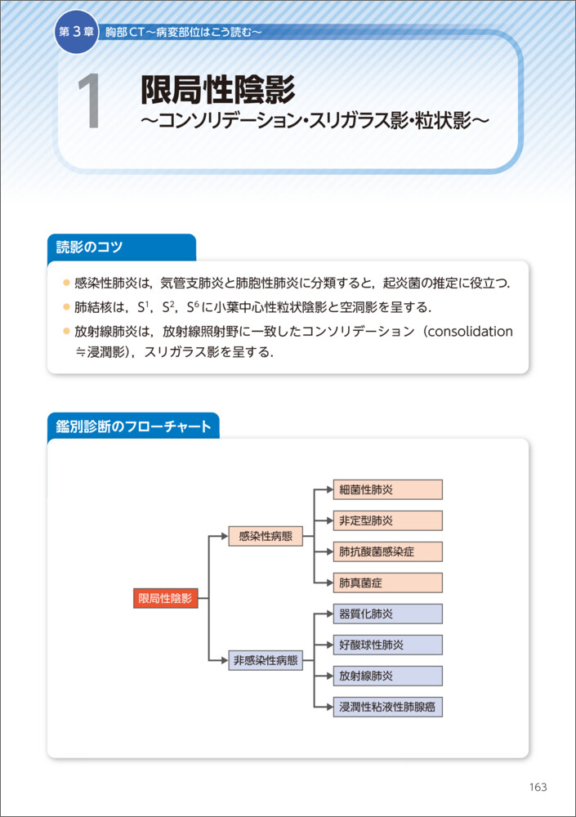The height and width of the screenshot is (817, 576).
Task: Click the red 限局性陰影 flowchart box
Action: click(x=165, y=598)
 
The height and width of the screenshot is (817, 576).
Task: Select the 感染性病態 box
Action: click(x=266, y=536)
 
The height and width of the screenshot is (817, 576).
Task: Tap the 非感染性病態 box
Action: click(x=266, y=660)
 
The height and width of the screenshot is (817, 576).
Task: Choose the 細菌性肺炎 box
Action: click(x=387, y=489)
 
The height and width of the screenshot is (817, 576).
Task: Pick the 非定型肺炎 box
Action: click(x=387, y=520)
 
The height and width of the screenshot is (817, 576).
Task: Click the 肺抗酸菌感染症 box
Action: click(x=387, y=551)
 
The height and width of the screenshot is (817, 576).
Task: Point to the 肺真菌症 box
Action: click(x=387, y=583)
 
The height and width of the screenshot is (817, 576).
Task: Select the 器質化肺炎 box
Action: click(x=387, y=614)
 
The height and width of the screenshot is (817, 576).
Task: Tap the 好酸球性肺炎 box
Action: click(x=387, y=645)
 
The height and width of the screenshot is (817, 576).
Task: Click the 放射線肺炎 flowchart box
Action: click(x=387, y=676)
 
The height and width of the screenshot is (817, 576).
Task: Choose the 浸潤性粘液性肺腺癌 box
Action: click(x=387, y=707)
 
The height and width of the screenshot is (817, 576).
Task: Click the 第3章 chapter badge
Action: click(x=75, y=32)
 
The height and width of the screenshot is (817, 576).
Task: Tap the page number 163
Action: click(x=538, y=787)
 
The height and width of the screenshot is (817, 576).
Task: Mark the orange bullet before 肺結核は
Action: click(x=66, y=307)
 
